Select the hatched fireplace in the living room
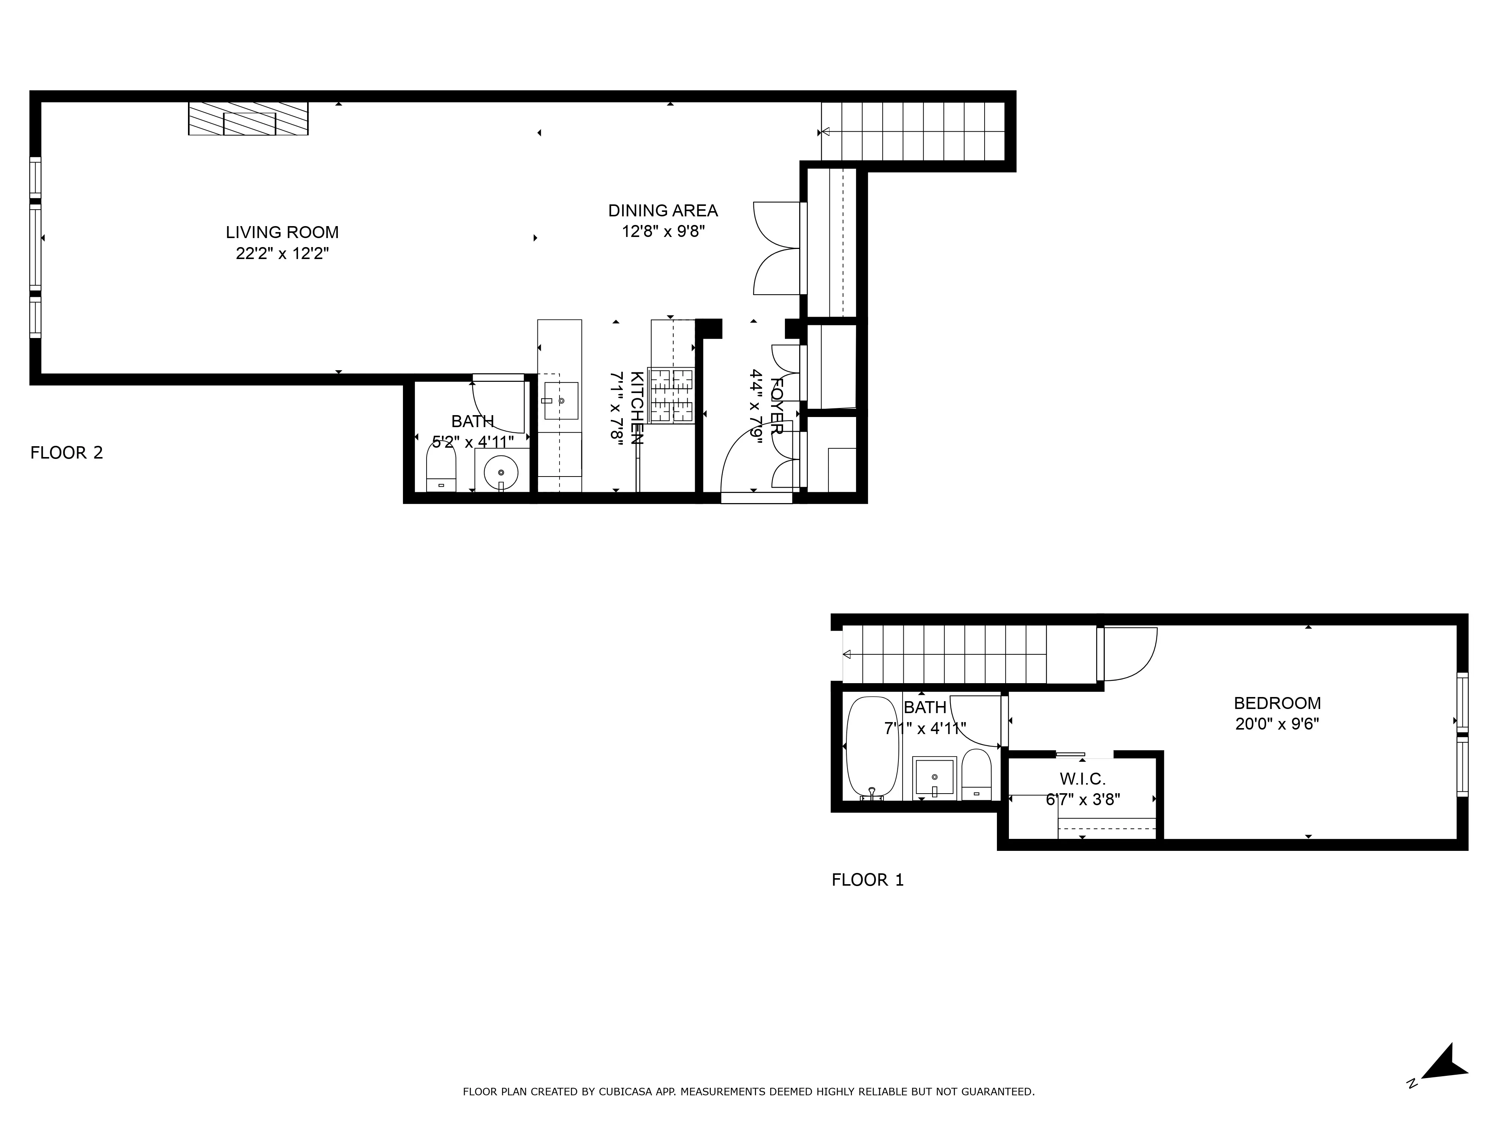tap(249, 119)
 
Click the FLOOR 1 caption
tap(867, 880)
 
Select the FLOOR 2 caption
tap(66, 453)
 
